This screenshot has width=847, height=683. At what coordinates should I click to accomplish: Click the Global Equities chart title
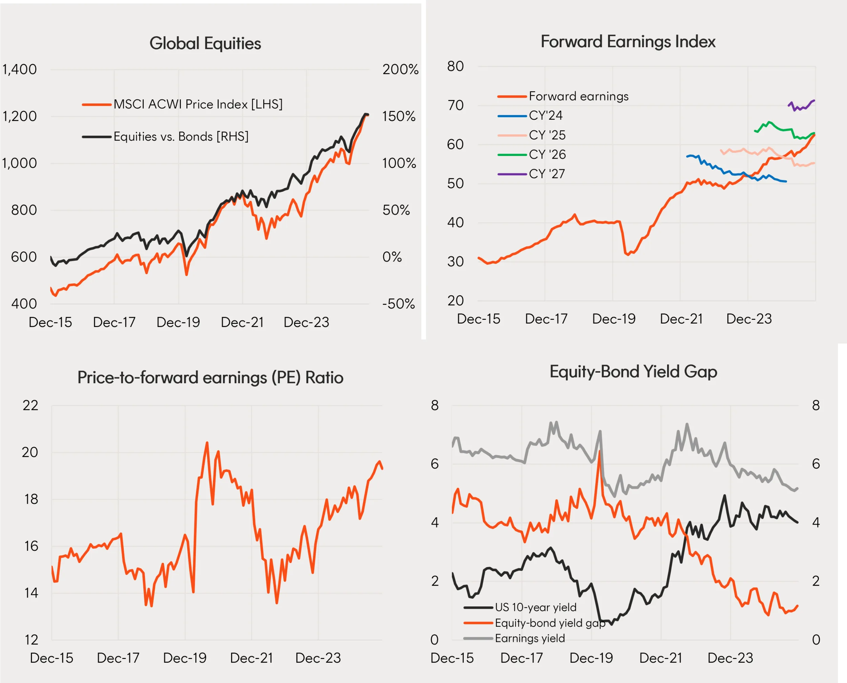click(205, 43)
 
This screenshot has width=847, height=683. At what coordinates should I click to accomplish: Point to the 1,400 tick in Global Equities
click(20, 69)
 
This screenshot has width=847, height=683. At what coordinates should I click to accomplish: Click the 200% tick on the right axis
click(400, 69)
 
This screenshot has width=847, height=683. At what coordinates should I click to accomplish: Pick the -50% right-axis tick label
click(398, 304)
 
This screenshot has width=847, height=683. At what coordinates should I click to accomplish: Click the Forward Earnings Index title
click(628, 42)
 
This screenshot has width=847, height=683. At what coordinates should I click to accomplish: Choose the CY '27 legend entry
click(546, 174)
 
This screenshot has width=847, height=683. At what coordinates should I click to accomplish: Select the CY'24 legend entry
click(545, 116)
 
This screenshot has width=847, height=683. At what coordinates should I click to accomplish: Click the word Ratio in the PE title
click(324, 378)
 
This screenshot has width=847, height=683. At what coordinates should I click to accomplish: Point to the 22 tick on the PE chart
click(30, 405)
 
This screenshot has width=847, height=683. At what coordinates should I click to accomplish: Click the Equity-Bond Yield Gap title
click(633, 372)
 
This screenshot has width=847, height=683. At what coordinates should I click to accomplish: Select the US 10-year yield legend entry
click(535, 607)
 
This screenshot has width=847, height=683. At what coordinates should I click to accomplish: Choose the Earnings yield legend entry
click(530, 638)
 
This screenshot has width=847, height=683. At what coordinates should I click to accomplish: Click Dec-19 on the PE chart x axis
click(185, 658)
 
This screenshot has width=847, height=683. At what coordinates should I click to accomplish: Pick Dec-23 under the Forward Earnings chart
click(749, 319)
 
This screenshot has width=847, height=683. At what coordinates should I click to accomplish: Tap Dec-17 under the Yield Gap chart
click(521, 658)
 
